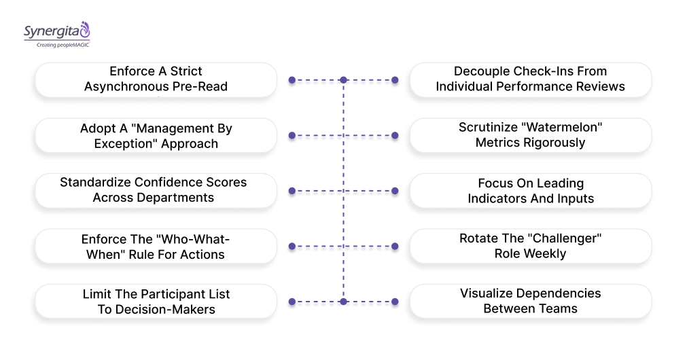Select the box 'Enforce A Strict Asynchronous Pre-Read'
click(x=156, y=79)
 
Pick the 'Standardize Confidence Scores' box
click(x=156, y=190)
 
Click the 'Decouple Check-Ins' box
click(x=530, y=79)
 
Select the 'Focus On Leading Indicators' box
click(x=530, y=191)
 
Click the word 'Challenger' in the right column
click(x=565, y=238)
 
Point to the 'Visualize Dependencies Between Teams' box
click(x=530, y=301)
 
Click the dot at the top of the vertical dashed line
click(x=344, y=80)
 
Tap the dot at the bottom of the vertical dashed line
click(x=344, y=301)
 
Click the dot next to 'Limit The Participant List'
click(x=292, y=301)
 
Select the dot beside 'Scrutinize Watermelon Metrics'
click(x=395, y=136)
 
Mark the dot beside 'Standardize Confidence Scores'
click(x=292, y=191)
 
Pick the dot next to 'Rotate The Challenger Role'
click(x=395, y=246)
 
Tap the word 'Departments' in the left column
click(x=179, y=198)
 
